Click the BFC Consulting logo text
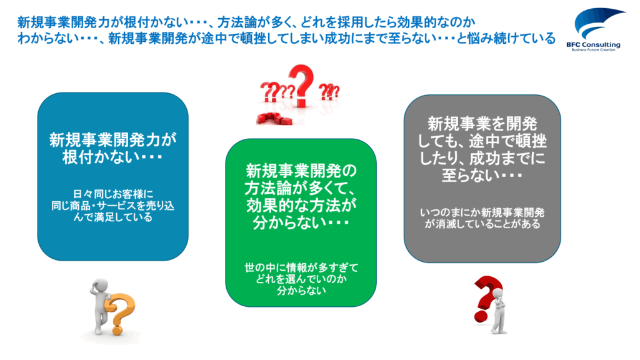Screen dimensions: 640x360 [593, 44]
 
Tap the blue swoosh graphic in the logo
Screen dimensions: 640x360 [597, 23]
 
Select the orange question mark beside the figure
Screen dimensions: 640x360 [120, 314]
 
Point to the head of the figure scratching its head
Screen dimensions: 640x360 [99, 286]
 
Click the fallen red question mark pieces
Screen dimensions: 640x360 [274, 119]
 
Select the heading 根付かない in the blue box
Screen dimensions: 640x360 [112, 157]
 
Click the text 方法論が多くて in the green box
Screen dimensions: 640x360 [301, 188]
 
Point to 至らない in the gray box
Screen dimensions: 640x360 [482, 175]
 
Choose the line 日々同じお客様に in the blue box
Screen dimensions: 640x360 [113, 194]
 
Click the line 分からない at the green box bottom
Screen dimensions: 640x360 [301, 290]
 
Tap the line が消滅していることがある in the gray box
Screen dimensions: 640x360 [482, 224]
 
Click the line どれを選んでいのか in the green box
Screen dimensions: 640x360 [301, 279]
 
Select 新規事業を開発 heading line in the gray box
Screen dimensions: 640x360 [482, 124]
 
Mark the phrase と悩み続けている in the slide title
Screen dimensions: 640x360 [506, 38]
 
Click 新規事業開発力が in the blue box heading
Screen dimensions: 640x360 [113, 139]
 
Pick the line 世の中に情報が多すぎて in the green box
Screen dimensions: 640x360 [301, 267]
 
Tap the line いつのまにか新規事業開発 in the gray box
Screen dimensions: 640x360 [482, 212]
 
